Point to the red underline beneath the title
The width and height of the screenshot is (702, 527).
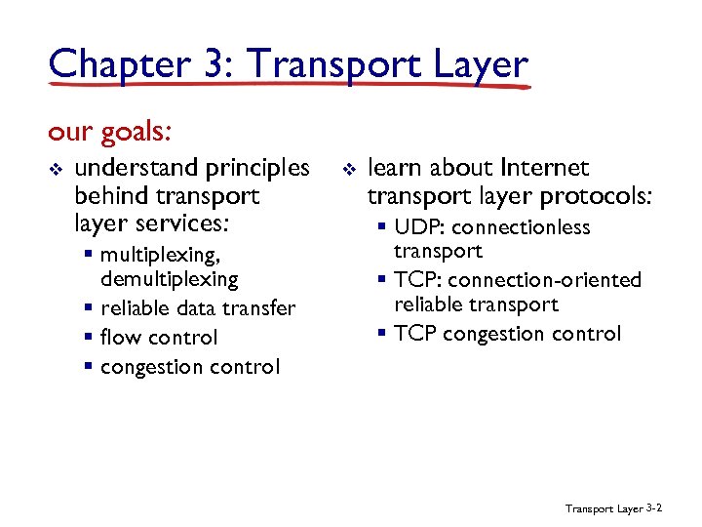[x=292, y=87]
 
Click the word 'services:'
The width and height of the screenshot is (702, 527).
[x=181, y=223]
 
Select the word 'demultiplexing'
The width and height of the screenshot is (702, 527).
[x=169, y=279]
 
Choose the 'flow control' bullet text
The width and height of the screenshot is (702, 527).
[x=159, y=338]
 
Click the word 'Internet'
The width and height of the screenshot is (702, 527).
[x=544, y=169]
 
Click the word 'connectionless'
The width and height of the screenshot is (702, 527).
[x=521, y=227]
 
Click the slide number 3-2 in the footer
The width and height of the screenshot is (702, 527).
[x=654, y=507]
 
